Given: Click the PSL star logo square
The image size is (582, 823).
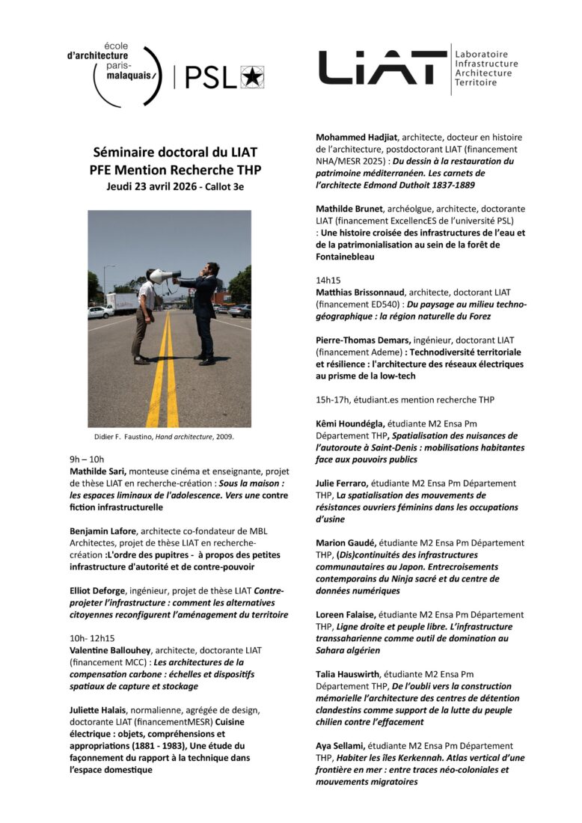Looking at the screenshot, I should (x=252, y=77).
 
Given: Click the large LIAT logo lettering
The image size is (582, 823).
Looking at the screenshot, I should (x=382, y=68).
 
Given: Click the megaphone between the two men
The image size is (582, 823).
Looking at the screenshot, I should (x=165, y=276).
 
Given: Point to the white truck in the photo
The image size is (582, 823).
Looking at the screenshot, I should (x=121, y=302).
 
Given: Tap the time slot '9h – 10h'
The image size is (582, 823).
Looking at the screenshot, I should (x=87, y=459).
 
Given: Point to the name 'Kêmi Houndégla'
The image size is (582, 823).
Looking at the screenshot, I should (x=352, y=424).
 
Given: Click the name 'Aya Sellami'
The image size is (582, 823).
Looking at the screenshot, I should (x=343, y=746).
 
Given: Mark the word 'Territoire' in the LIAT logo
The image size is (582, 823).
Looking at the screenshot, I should (x=476, y=82).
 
